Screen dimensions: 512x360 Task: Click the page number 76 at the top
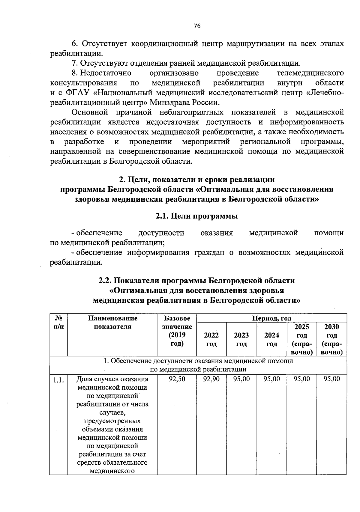(x=197, y=26)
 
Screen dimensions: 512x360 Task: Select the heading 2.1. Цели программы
(x=196, y=216)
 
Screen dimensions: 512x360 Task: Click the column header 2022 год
(x=211, y=339)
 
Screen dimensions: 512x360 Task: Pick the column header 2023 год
(x=241, y=339)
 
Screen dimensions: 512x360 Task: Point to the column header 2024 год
(x=271, y=339)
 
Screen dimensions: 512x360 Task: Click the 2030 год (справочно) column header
(x=331, y=339)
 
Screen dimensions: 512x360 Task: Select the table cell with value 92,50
(x=177, y=379)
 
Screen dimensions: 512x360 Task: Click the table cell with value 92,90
(x=211, y=379)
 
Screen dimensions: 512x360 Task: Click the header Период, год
(x=271, y=318)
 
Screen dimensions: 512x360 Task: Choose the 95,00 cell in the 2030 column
(x=331, y=379)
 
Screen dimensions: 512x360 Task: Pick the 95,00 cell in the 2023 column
(x=241, y=379)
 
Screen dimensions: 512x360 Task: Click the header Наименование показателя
(x=112, y=322)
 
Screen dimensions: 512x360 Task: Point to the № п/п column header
(x=58, y=322)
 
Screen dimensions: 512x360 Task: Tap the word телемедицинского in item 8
(x=310, y=73)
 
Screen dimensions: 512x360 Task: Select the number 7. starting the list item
(x=75, y=63)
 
